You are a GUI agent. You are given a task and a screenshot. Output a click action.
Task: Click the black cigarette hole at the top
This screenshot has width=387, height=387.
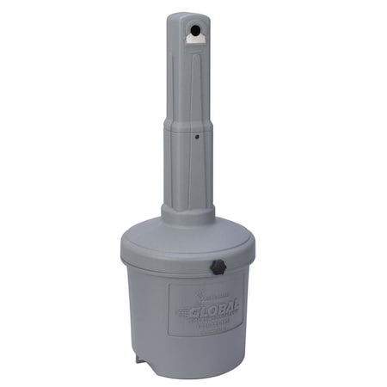point(198,29)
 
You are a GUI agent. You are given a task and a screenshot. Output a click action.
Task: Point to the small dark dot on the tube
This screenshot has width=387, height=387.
point(196,136)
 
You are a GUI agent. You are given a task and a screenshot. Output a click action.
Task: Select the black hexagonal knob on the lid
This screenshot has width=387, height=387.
point(218,267)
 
